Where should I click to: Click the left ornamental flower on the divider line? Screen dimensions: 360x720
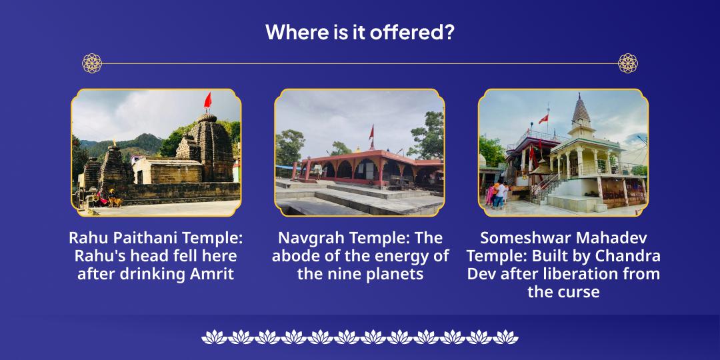pyautogui.click(x=92, y=63)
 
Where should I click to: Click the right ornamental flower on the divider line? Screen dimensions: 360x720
pyautogui.click(x=627, y=63)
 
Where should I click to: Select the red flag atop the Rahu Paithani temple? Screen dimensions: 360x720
pyautogui.click(x=207, y=101)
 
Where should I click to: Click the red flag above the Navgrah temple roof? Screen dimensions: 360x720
pyautogui.click(x=371, y=132)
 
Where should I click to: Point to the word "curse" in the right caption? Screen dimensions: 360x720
pyautogui.click(x=581, y=291)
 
